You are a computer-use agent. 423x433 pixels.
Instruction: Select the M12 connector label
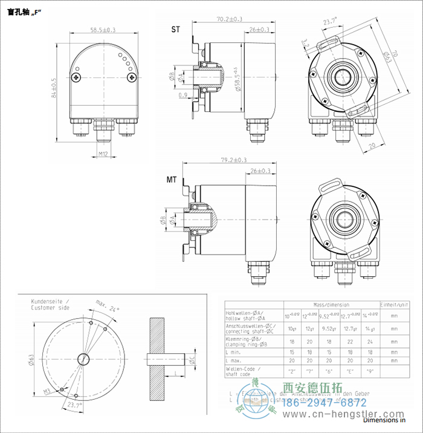tap(103, 154)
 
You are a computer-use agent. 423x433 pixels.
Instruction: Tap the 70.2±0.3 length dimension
tap(229, 19)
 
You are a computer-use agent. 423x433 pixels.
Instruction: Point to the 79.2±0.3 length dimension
tap(234, 160)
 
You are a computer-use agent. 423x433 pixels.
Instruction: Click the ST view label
tap(175, 29)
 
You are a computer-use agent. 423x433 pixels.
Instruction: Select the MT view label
tap(172, 180)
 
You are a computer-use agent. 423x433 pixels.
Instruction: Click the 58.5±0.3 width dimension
tap(103, 29)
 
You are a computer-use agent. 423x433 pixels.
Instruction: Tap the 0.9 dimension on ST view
tap(182, 94)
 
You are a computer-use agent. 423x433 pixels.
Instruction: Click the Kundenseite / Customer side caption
tap(50, 304)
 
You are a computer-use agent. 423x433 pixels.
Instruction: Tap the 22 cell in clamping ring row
tap(351, 341)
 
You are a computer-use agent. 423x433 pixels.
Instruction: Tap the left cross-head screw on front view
tap(76, 77)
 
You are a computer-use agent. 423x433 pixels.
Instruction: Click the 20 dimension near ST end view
tap(372, 145)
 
